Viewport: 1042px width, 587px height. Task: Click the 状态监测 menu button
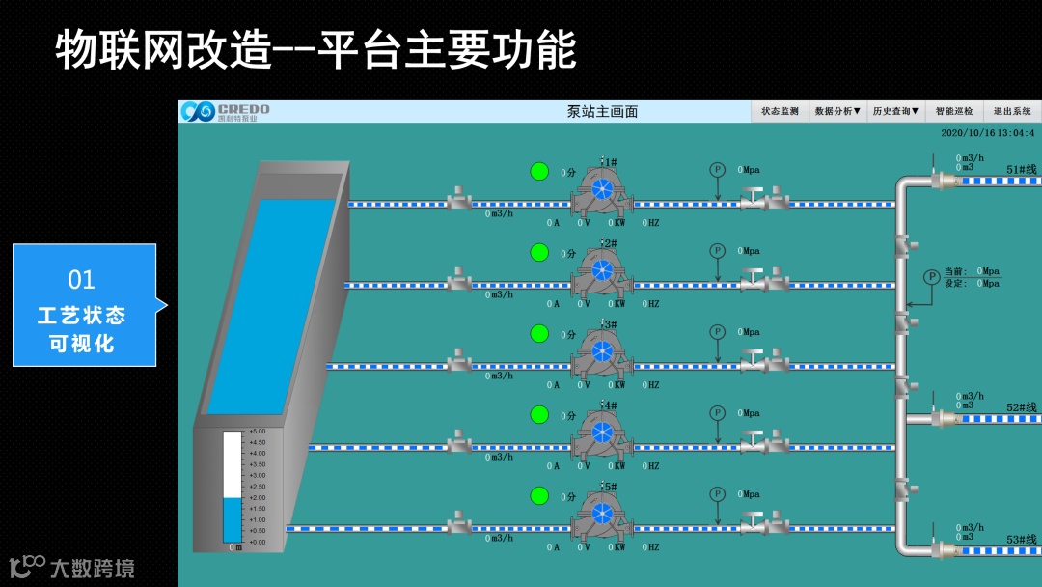pos(780,111)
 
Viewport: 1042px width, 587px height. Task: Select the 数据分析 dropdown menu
pos(837,111)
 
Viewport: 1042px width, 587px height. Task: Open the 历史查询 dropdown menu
pos(895,111)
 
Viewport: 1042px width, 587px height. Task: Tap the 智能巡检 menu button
pos(954,111)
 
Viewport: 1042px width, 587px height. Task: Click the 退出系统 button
pos(1012,111)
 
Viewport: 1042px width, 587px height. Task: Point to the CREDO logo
pos(225,111)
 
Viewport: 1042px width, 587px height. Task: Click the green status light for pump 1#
pos(539,171)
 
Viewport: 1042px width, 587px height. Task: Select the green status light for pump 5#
pos(539,495)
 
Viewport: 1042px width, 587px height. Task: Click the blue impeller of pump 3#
pos(602,349)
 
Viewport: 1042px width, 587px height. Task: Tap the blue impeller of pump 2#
pos(602,268)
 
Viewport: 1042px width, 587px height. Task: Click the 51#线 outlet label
pos(1022,169)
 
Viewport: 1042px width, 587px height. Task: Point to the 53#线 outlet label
pos(1022,540)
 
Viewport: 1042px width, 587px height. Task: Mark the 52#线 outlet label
pos(1022,407)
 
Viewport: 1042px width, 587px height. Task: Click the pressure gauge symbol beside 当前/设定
pos(931,277)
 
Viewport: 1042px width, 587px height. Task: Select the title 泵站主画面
pos(602,111)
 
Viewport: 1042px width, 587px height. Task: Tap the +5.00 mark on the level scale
pos(257,431)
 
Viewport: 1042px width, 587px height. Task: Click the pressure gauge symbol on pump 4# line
pos(717,412)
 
